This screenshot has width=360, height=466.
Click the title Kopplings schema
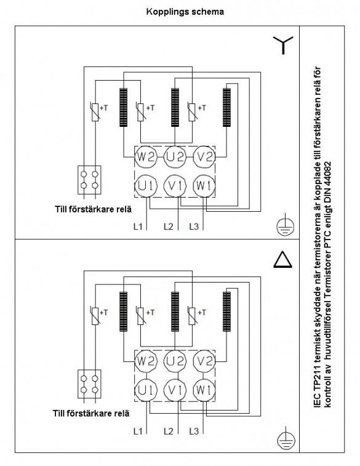pos(185,12)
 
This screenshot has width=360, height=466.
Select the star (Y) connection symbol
pos(283,44)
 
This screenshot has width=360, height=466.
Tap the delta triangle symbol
pos(282,260)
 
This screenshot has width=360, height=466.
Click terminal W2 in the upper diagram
pos(145,156)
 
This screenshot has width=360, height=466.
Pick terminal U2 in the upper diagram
pos(175,156)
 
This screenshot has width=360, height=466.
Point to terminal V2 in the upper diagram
pos(204,156)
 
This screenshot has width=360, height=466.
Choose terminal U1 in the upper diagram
pos(146,186)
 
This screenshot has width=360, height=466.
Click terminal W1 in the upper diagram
pos(204,186)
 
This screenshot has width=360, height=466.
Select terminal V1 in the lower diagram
pos(175,390)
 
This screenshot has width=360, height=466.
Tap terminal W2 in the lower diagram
pos(145,361)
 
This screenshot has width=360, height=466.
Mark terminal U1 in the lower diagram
pos(146,390)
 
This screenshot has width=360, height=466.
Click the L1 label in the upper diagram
pos(138,227)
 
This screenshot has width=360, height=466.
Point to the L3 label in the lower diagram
pos(194,431)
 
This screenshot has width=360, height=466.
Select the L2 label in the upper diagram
pos(169,227)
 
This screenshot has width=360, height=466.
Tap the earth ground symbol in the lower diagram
pos(286,438)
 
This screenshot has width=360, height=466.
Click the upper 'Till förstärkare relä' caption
pos(93,209)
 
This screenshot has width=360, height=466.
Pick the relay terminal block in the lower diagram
pos(89,384)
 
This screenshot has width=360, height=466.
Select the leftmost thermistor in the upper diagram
pos(95,112)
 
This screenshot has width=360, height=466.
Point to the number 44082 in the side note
pos(328,176)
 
